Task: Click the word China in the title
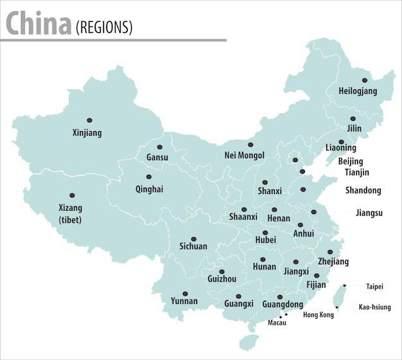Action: pyautogui.click(x=39, y=24)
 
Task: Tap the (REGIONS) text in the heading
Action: pyautogui.click(x=104, y=27)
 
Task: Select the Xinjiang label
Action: pyautogui.click(x=87, y=133)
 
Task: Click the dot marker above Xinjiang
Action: pyautogui.click(x=89, y=120)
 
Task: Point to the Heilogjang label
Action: pyautogui.click(x=358, y=92)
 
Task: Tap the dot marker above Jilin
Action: pyautogui.click(x=353, y=119)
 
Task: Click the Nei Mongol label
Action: pyautogui.click(x=244, y=155)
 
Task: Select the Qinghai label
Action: pyautogui.click(x=149, y=189)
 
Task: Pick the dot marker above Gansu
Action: pyautogui.click(x=160, y=147)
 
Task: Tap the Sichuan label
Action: pyautogui.click(x=193, y=246)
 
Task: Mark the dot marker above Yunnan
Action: pyautogui.click(x=185, y=293)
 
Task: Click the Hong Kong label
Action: pyautogui.click(x=318, y=315)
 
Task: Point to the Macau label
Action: pyautogui.click(x=277, y=323)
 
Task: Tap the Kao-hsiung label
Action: pyautogui.click(x=374, y=307)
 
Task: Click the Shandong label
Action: pyautogui.click(x=363, y=190)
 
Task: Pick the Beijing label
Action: pyautogui.click(x=350, y=161)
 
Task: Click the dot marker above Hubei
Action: pyautogui.click(x=265, y=233)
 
